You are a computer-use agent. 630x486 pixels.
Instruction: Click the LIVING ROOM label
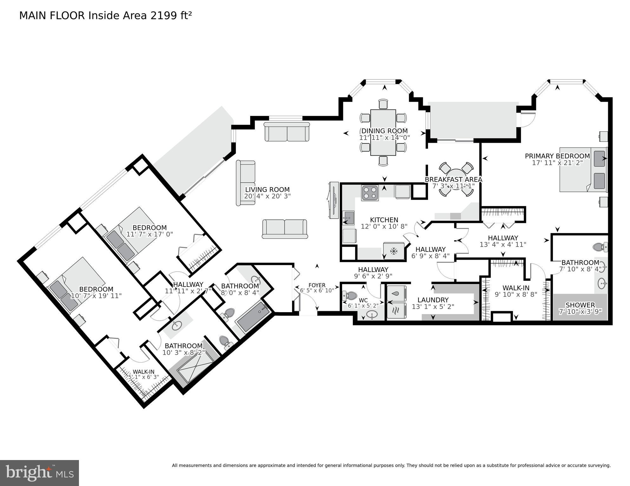(267, 189)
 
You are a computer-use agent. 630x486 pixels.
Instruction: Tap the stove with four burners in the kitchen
(370, 193)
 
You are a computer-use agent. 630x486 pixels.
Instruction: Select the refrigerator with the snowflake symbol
(393, 251)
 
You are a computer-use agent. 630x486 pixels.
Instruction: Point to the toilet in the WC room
(350, 296)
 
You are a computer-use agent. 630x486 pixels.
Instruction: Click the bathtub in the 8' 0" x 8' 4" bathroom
(253, 317)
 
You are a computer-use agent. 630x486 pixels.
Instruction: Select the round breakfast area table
(456, 179)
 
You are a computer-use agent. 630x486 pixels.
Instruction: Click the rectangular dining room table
(383, 133)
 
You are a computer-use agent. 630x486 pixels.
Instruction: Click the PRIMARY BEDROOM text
(557, 156)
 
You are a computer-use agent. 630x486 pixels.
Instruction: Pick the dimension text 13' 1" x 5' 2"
(433, 306)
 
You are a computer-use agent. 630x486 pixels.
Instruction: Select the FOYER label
(316, 285)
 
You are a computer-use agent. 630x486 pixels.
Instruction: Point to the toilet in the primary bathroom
(600, 247)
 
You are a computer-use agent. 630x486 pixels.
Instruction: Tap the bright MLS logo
(39, 473)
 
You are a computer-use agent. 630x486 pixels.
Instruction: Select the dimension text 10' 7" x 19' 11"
(96, 296)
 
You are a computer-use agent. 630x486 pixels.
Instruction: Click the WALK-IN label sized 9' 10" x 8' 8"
(516, 288)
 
